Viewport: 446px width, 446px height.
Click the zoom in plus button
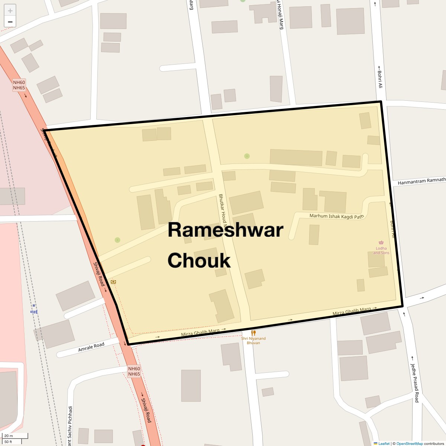(10, 10)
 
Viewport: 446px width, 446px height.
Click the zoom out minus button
(10, 22)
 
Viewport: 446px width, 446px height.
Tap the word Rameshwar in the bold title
(225, 230)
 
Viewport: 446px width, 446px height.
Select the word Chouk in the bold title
(199, 260)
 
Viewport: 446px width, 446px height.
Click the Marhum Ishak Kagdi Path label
(336, 216)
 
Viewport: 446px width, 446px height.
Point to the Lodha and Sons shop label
(381, 251)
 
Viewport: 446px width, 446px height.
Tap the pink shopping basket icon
(381, 242)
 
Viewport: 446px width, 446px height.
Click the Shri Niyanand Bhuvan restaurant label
(253, 340)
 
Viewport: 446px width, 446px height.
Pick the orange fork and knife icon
(253, 333)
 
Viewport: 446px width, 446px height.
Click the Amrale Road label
(91, 347)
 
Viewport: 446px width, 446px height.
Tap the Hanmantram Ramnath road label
(421, 181)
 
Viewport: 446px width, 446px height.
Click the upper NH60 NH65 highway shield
(19, 85)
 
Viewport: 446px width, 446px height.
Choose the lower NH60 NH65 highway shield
(134, 371)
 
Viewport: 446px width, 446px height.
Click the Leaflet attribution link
(384, 443)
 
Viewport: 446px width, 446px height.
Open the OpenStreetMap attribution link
(409, 443)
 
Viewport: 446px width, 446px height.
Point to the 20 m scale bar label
(9, 436)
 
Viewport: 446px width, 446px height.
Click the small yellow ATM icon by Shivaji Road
(113, 282)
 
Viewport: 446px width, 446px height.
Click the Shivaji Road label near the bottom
(146, 410)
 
